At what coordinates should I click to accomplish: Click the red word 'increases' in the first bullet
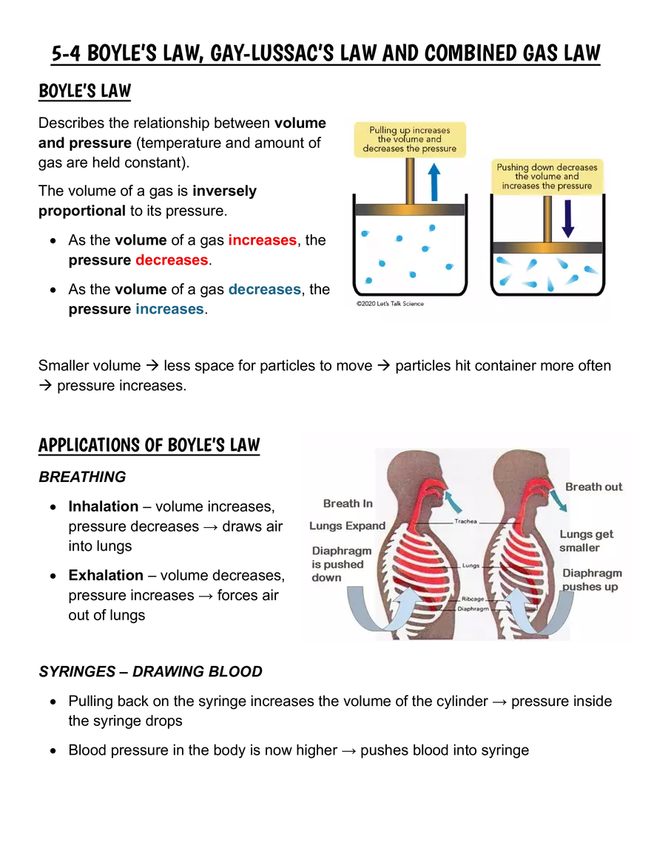(x=263, y=240)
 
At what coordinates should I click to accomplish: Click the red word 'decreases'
(x=172, y=260)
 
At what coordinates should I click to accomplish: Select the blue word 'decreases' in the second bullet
(x=265, y=290)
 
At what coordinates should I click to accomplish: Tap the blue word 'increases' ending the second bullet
(x=169, y=309)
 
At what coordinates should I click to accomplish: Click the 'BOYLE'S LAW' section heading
(x=85, y=91)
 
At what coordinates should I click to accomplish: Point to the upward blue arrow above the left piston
(x=434, y=182)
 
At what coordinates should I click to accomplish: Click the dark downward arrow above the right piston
(x=567, y=219)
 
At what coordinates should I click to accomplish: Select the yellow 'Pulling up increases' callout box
(x=410, y=140)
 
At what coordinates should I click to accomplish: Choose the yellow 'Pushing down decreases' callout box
(x=547, y=177)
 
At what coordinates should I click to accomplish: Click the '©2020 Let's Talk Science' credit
(x=390, y=303)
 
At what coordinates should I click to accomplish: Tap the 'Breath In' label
(x=348, y=503)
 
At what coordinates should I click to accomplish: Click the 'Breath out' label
(x=593, y=487)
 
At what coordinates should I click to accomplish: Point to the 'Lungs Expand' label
(x=347, y=526)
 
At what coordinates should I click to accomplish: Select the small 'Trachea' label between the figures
(x=465, y=521)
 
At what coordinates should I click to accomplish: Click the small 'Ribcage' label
(x=473, y=599)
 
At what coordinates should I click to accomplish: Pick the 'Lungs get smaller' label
(x=586, y=540)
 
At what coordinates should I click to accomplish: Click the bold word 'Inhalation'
(x=104, y=506)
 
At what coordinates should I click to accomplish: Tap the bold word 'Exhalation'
(x=106, y=575)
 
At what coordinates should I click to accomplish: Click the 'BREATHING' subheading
(x=82, y=477)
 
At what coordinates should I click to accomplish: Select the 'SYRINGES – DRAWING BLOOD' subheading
(x=150, y=672)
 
